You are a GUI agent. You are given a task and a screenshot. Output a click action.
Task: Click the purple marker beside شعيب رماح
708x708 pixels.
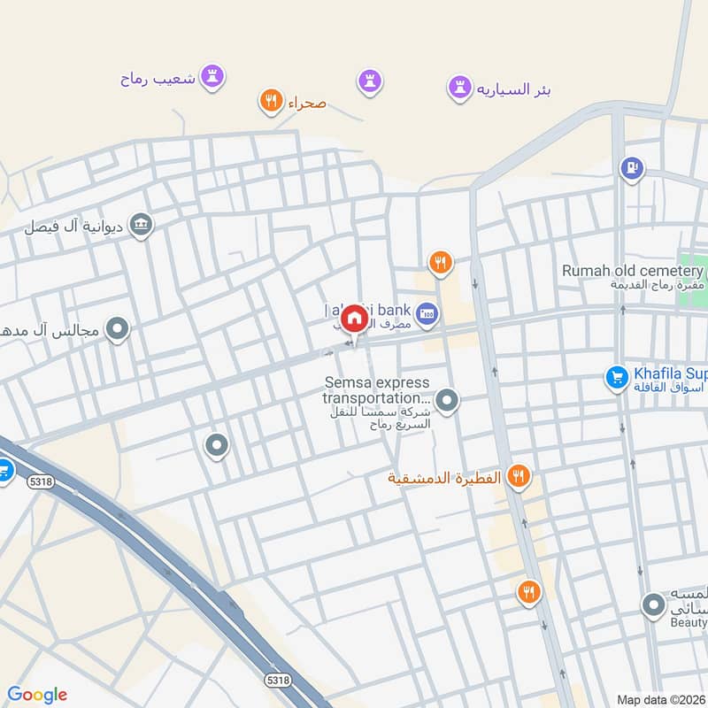click(x=212, y=76)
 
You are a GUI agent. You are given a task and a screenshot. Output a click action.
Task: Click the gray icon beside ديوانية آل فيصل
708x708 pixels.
click(x=141, y=227)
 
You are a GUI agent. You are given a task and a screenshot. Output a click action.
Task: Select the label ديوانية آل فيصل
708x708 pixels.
click(x=78, y=227)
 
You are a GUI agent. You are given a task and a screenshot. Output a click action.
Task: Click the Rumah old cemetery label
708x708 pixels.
click(x=632, y=271)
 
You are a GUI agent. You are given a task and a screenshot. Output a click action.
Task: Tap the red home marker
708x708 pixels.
click(x=354, y=319)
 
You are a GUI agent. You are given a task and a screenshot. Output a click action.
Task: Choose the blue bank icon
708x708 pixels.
click(x=427, y=314)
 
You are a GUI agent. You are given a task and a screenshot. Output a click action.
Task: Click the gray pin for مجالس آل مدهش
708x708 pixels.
click(x=117, y=330)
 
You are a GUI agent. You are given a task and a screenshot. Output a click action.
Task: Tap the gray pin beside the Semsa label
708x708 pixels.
click(x=448, y=401)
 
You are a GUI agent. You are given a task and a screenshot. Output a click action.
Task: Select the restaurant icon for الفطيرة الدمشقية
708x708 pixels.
click(x=519, y=478)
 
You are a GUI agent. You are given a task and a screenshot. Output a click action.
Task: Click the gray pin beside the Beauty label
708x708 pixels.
click(x=653, y=606)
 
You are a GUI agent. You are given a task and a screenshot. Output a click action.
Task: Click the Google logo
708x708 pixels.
click(x=37, y=695)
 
